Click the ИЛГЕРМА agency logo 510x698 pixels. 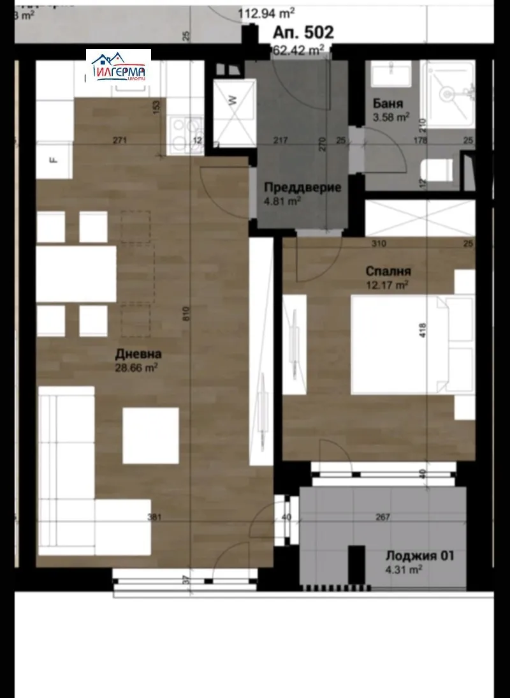pos(119,67)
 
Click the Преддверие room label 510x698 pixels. pos(302,188)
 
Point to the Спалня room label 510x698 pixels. pos(384,271)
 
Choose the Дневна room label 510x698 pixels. pos(138,353)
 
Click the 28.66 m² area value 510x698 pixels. pos(137,368)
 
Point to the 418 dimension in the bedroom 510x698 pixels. pos(422,330)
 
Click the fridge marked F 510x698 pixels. pos(54,160)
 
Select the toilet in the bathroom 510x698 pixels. pos(438,170)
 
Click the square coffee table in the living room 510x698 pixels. pos(151,436)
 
